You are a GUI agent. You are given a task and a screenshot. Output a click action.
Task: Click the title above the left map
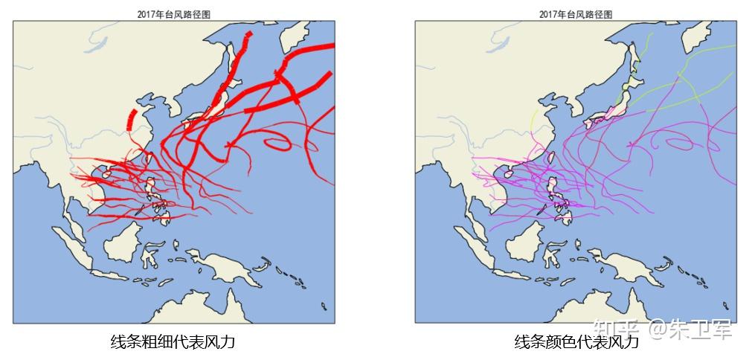173,14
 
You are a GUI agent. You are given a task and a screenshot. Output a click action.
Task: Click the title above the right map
575,14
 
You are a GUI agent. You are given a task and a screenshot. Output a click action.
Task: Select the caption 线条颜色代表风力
576,341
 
